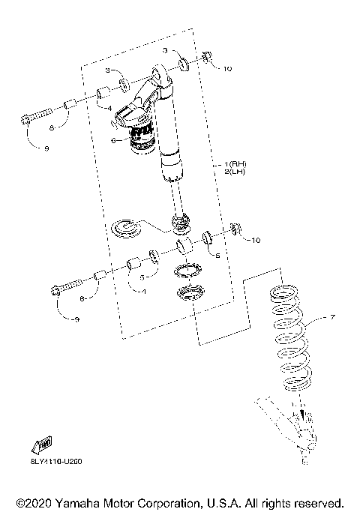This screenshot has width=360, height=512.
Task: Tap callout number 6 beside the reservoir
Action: point(113,139)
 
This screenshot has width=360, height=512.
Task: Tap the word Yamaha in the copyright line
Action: point(88,502)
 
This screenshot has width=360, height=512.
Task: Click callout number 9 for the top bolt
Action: point(46,148)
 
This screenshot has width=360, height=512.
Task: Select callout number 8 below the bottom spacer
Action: point(83,300)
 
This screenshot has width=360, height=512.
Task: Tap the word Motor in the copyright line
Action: point(140,502)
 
